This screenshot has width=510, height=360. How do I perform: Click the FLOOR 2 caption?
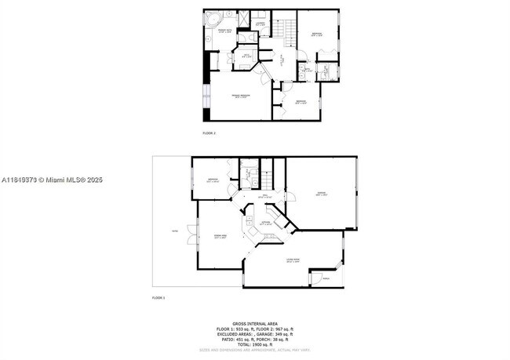point(209,133)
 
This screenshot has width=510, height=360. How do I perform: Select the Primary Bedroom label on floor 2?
point(240,96)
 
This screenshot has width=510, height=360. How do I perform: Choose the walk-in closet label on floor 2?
point(246,56)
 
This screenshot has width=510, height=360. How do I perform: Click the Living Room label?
point(294,262)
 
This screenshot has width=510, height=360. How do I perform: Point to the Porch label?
point(326,278)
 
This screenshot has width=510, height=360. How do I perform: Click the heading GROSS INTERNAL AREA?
point(255,322)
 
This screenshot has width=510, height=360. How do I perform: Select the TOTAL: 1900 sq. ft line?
point(255,344)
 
